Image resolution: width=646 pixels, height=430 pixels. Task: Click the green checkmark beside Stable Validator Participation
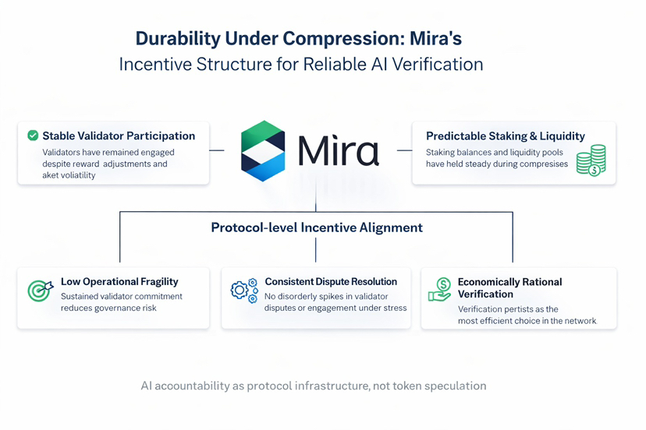(x=33, y=136)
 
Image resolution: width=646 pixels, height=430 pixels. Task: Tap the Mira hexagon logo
(x=264, y=150)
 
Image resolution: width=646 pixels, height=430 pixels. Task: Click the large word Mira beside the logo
(x=339, y=150)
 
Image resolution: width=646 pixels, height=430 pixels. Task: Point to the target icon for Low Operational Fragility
(x=39, y=290)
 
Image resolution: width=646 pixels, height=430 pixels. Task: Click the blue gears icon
(x=244, y=291)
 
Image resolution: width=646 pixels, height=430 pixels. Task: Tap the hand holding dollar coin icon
(x=440, y=290)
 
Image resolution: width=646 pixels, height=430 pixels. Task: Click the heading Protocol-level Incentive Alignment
(x=316, y=227)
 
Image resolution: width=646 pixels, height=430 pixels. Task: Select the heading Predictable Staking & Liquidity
(x=505, y=136)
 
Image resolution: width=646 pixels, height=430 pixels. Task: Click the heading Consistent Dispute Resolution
(x=331, y=281)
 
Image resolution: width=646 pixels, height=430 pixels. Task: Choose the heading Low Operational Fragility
(x=119, y=281)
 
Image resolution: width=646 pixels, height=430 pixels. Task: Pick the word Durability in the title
(x=175, y=39)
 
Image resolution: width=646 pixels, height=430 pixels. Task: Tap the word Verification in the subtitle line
(x=436, y=64)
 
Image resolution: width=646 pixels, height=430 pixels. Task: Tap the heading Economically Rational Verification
(x=509, y=287)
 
